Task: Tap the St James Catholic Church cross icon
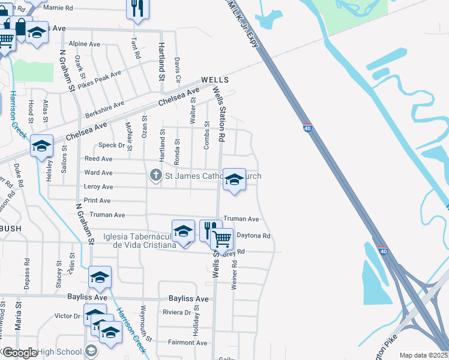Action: tap(155, 175)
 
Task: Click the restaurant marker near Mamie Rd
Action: tap(137, 8)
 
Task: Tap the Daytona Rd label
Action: tap(255, 236)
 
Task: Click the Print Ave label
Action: tap(97, 200)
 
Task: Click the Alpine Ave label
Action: tap(85, 44)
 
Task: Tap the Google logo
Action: tap(19, 353)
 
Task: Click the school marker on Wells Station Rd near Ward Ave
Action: tap(234, 179)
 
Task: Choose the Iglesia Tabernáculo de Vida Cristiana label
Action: tap(140, 241)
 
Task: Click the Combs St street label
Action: tap(206, 136)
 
